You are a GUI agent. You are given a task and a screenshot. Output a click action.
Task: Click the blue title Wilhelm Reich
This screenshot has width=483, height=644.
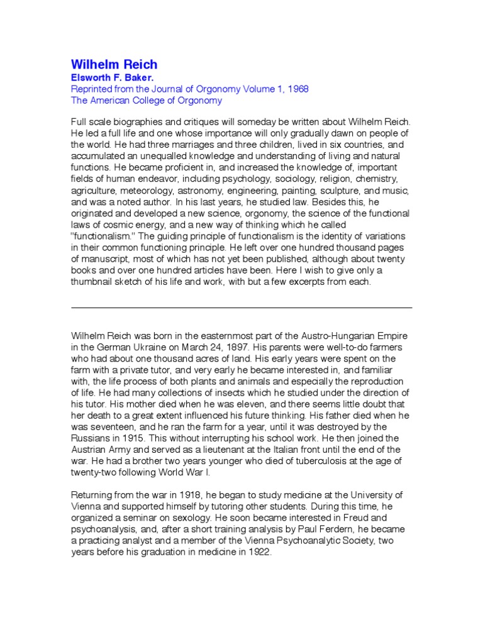[114, 65]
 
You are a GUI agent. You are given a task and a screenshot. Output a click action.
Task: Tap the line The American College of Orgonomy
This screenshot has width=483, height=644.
[146, 101]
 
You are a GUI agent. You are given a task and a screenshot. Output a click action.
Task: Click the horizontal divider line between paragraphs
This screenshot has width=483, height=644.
[241, 308]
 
